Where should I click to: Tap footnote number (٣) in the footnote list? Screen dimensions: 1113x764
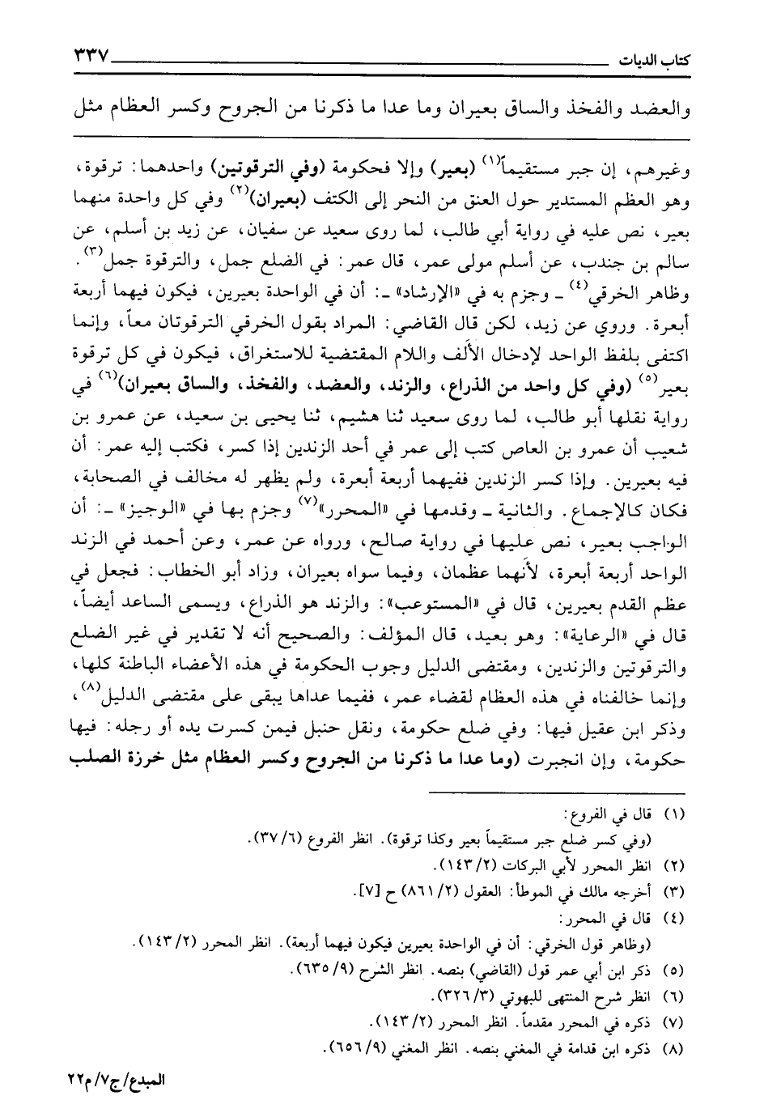(673, 892)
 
